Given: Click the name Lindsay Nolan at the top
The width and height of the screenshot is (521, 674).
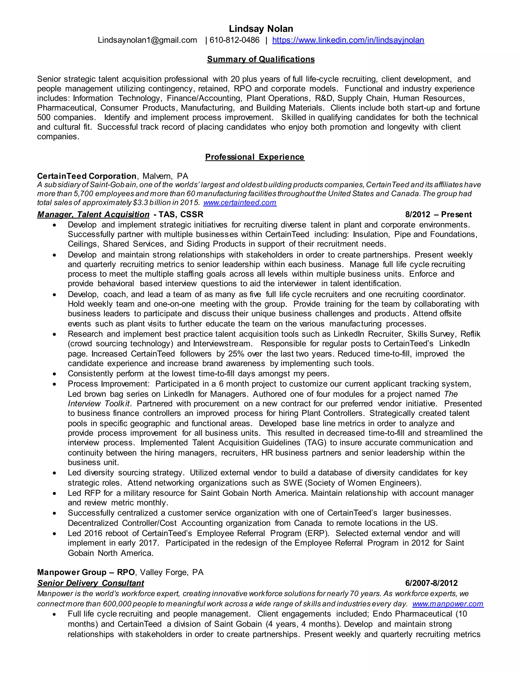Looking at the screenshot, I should (x=261, y=29).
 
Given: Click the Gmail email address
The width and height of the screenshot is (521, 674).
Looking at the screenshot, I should (x=147, y=40).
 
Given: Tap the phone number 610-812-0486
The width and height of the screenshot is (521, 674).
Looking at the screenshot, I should (x=235, y=40).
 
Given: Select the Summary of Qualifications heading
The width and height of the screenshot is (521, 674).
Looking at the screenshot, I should (x=261, y=59).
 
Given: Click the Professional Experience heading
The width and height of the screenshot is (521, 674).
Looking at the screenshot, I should (x=255, y=157).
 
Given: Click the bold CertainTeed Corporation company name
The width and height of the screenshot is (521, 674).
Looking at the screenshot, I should (x=87, y=176).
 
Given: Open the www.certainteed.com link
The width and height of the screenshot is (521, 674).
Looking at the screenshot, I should (x=240, y=203).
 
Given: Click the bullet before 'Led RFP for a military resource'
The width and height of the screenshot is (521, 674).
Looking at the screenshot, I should (x=55, y=494).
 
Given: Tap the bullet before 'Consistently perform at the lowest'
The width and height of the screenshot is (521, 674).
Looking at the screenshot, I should (x=55, y=374).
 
